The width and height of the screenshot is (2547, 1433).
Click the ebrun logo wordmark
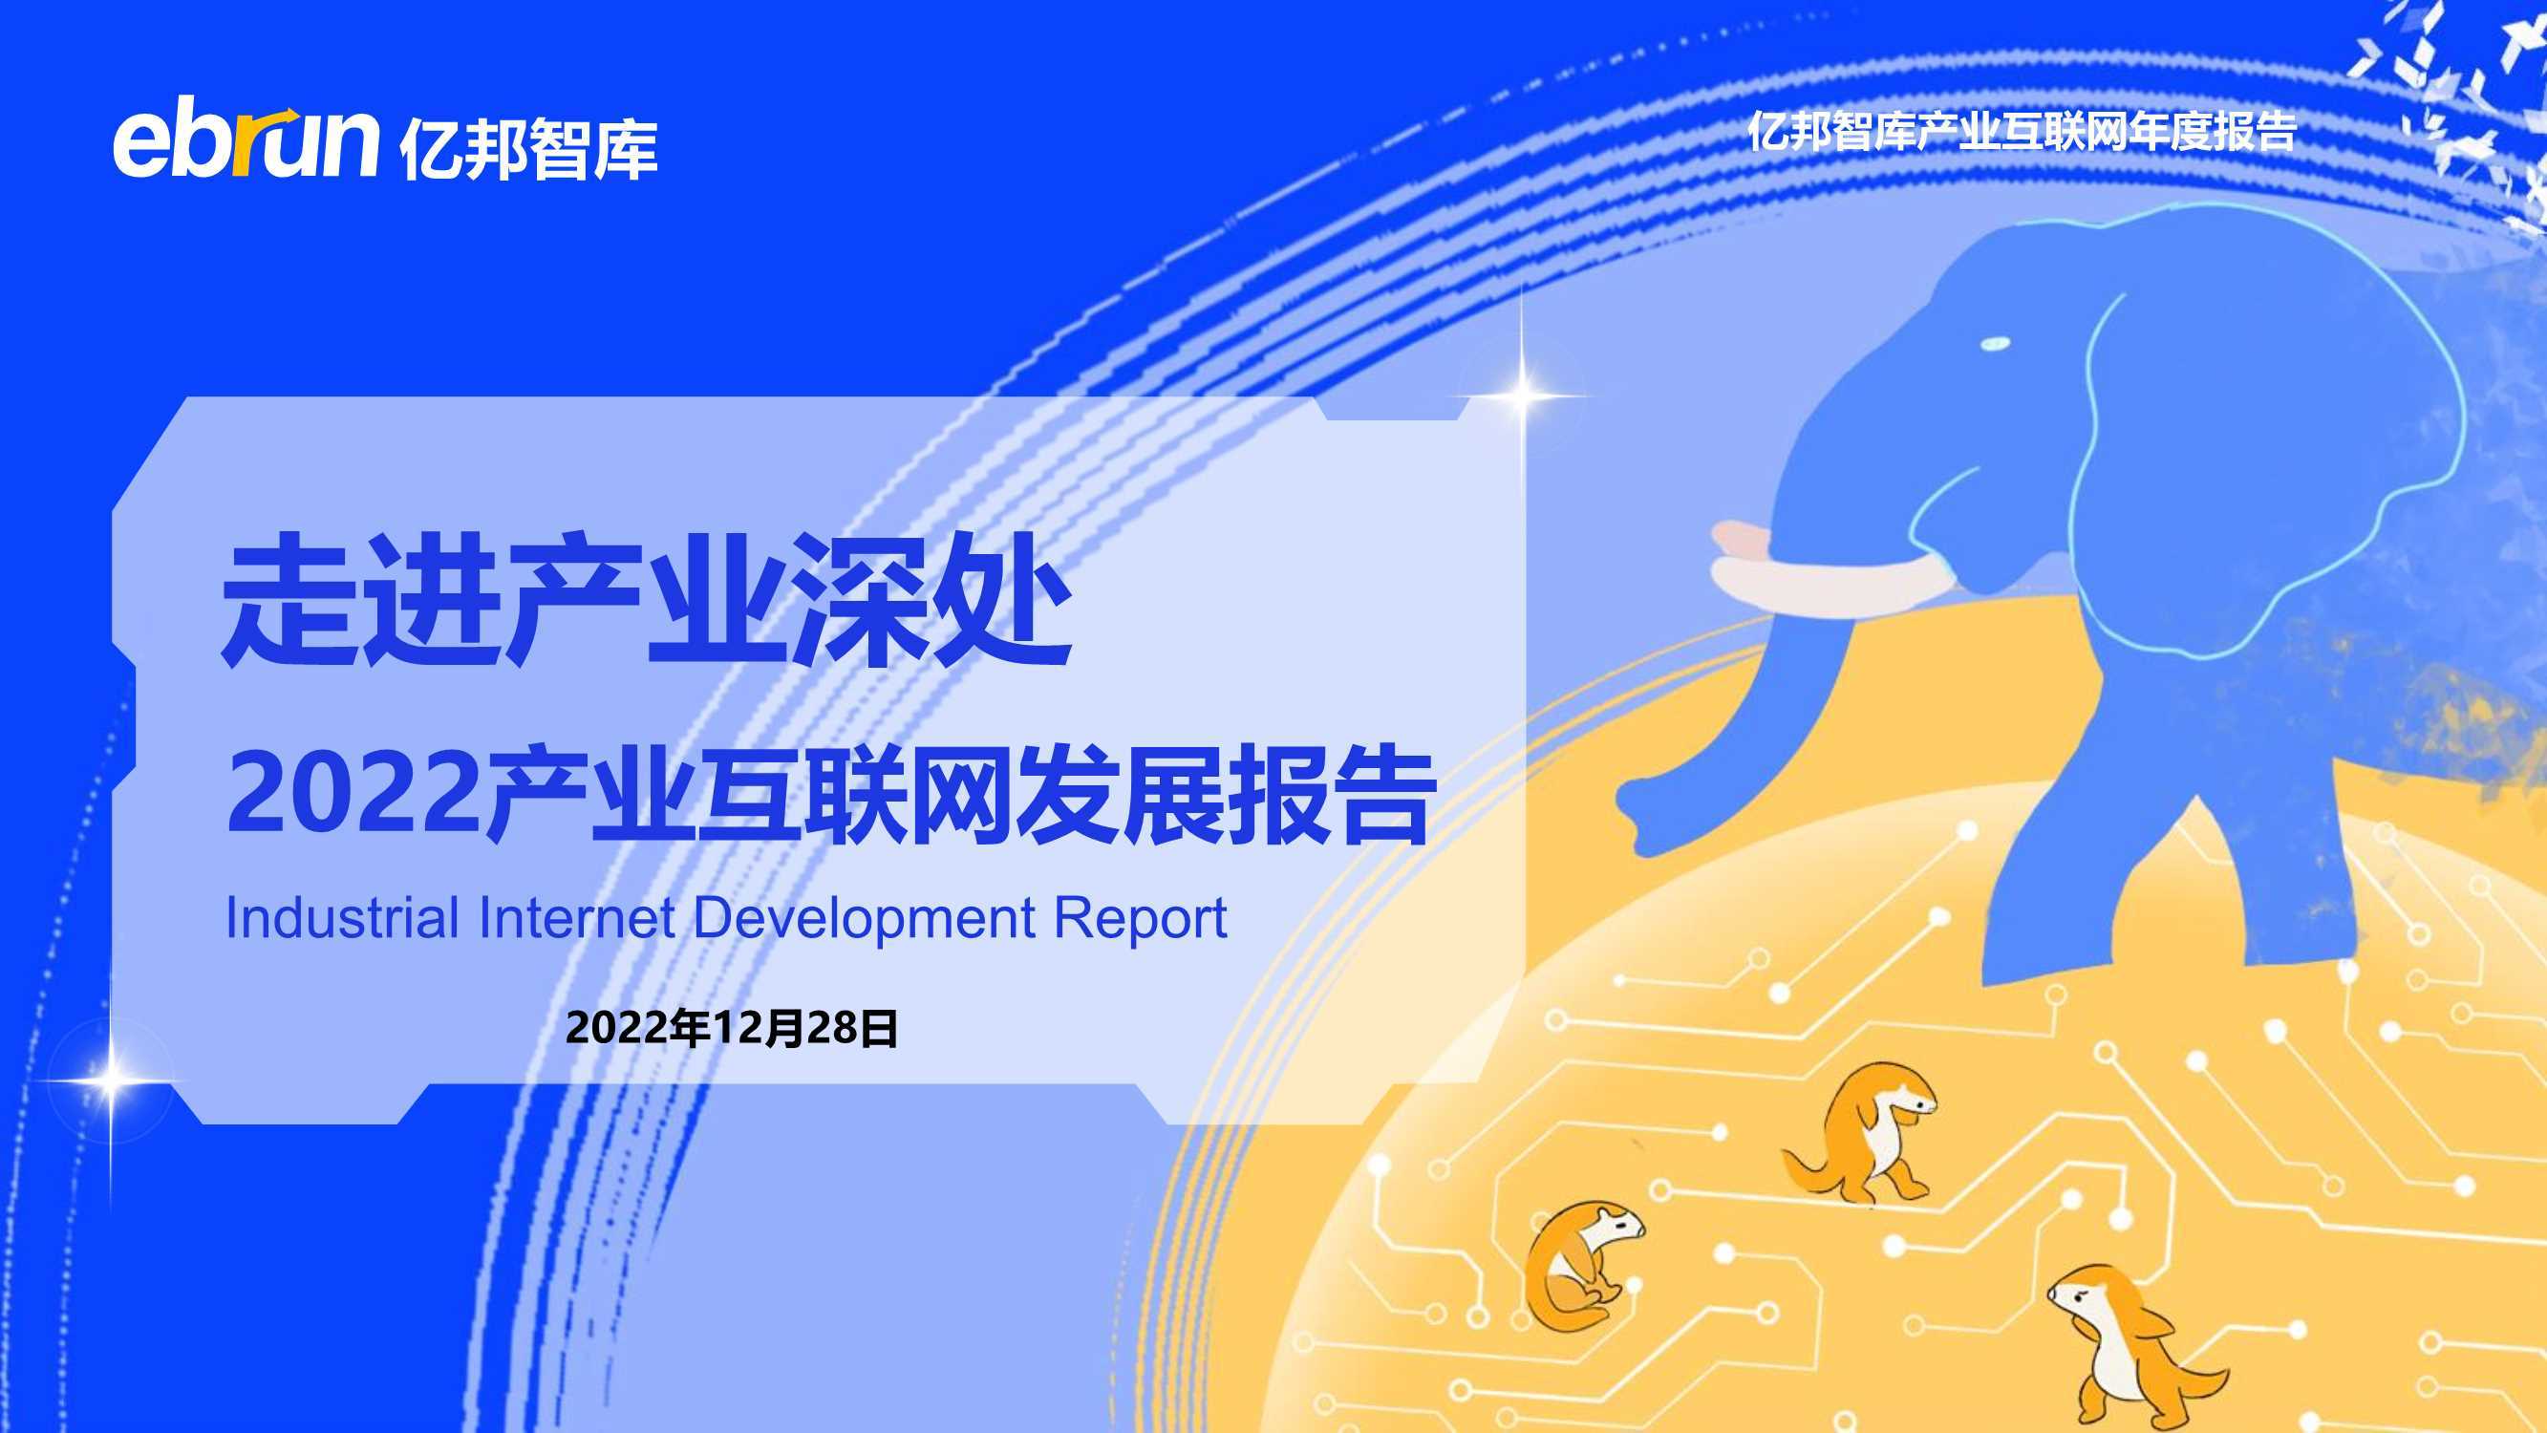246,142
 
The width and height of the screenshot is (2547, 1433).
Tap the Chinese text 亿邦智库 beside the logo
529,149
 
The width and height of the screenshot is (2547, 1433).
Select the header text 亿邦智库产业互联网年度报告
2021,131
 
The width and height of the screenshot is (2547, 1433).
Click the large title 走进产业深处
647,599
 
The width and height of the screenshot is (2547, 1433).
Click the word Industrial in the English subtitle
342,918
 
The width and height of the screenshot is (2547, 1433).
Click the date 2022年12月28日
732,1029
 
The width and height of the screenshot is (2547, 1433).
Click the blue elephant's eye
1994,343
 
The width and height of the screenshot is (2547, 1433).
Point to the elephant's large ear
2264,465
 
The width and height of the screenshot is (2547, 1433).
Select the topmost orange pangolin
1859,1132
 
